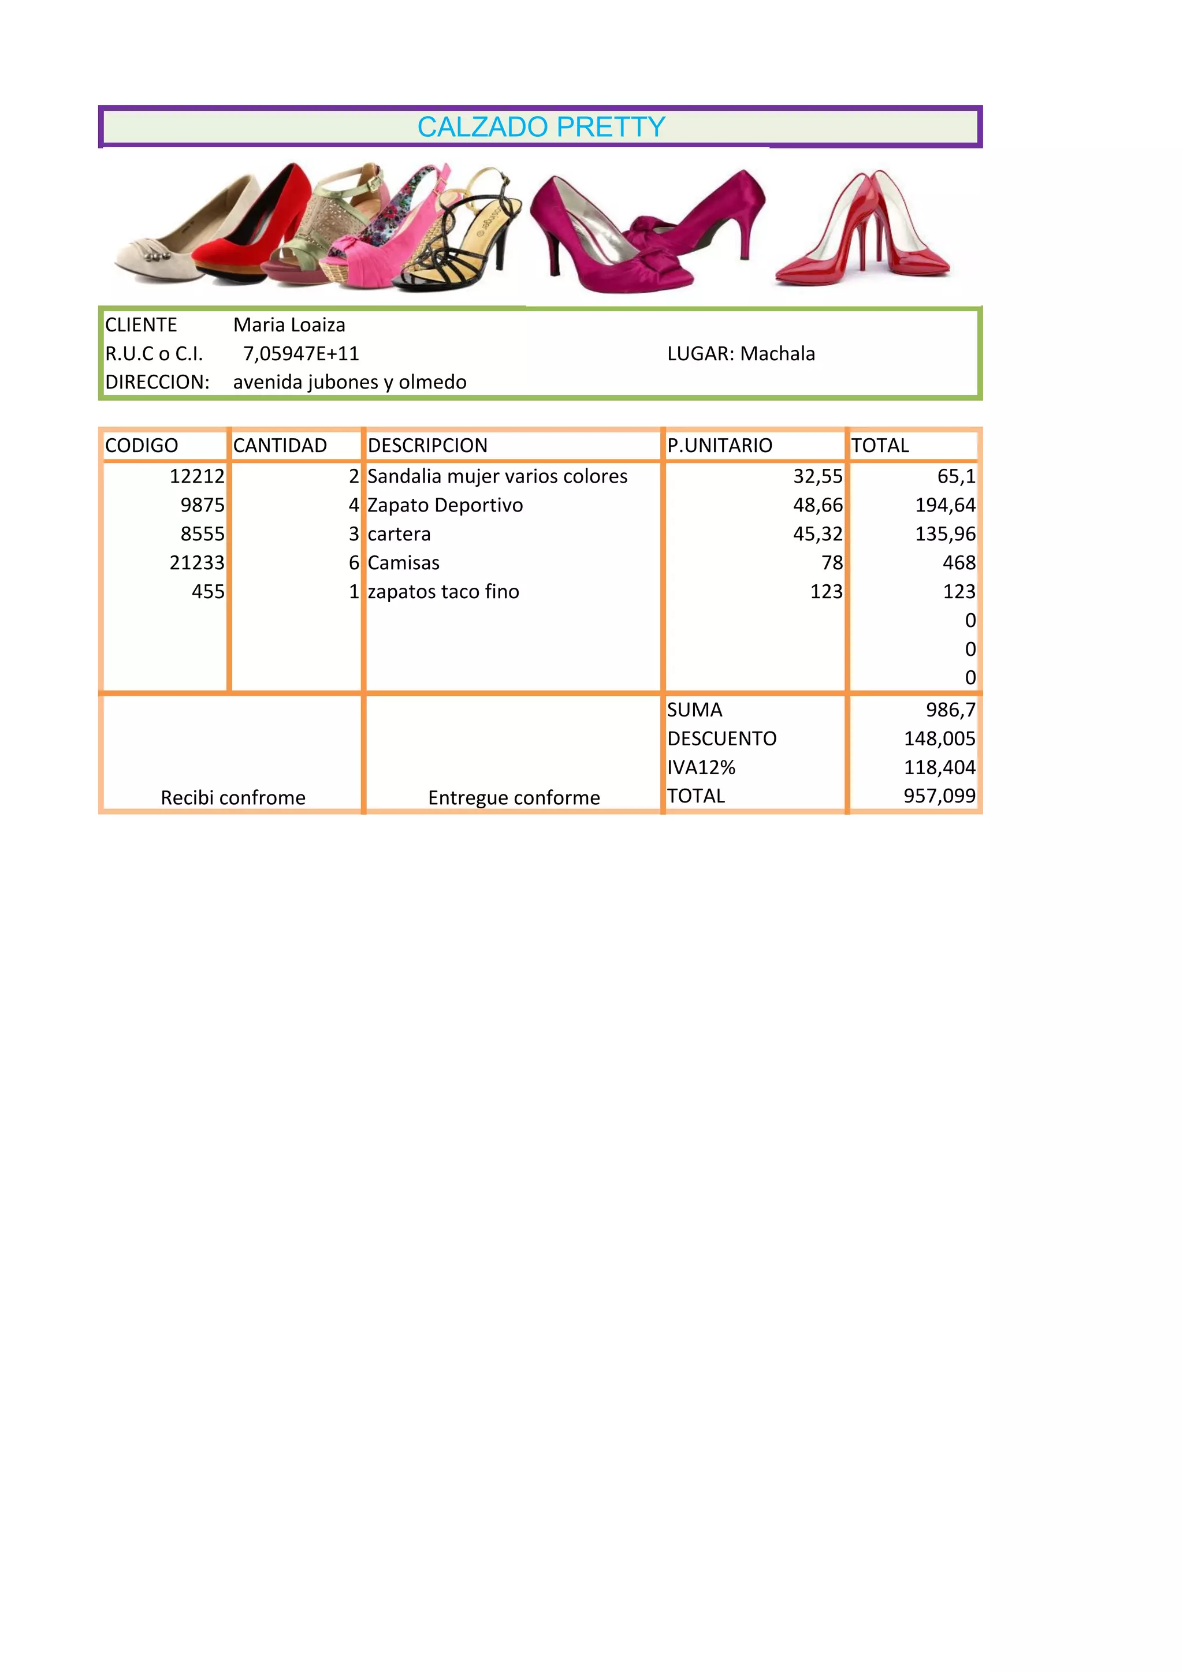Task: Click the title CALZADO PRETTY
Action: click(x=541, y=128)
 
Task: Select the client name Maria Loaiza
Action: click(x=289, y=325)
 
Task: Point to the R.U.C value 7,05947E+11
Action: click(x=301, y=354)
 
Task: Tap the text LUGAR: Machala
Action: click(x=741, y=354)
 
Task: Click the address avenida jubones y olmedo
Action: click(x=349, y=382)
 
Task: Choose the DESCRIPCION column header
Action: click(x=427, y=446)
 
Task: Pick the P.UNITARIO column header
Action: click(x=720, y=446)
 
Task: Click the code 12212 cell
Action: click(x=196, y=476)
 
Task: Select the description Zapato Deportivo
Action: click(x=445, y=505)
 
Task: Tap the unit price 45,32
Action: click(x=817, y=534)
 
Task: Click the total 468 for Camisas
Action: click(x=959, y=563)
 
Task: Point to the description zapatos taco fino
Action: click(x=443, y=592)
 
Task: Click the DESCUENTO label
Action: click(x=722, y=739)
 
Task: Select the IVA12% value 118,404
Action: click(x=939, y=767)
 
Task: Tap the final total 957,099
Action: click(x=939, y=796)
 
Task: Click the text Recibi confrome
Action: click(x=233, y=798)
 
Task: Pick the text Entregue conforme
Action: click(x=514, y=798)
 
